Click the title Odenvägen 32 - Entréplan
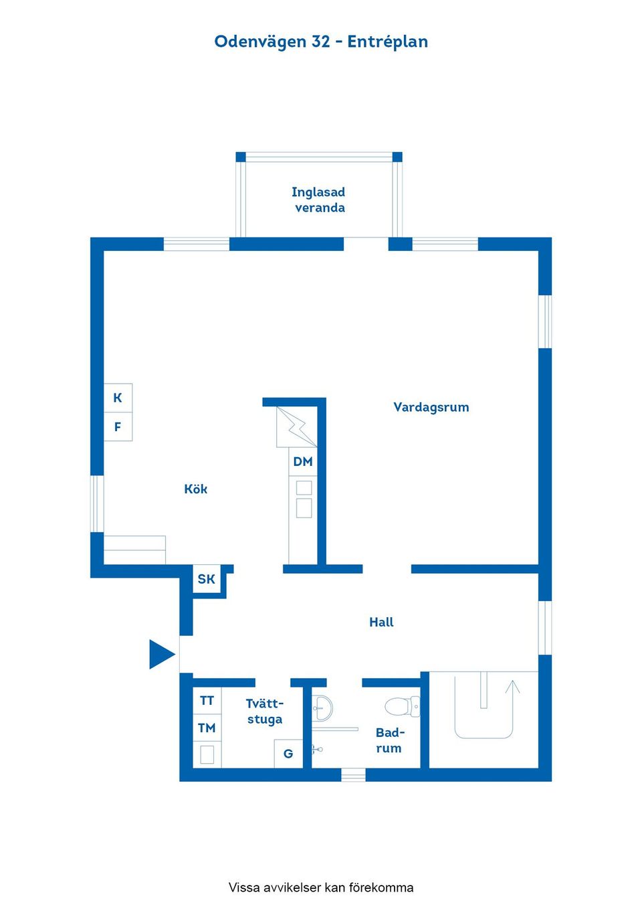coord(320,42)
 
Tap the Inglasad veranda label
coord(318,199)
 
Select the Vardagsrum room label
coord(431,408)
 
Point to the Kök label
coord(196,489)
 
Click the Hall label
coord(381,622)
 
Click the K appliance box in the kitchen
coord(118,398)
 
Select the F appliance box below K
coord(118,426)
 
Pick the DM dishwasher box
coord(303,461)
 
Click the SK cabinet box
coord(206,579)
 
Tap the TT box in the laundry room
coord(207,701)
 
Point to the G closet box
coord(289,754)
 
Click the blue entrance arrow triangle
coord(162,654)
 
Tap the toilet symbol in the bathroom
coord(403,706)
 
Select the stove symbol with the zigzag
coord(297,427)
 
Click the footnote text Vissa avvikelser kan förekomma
coord(321,888)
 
